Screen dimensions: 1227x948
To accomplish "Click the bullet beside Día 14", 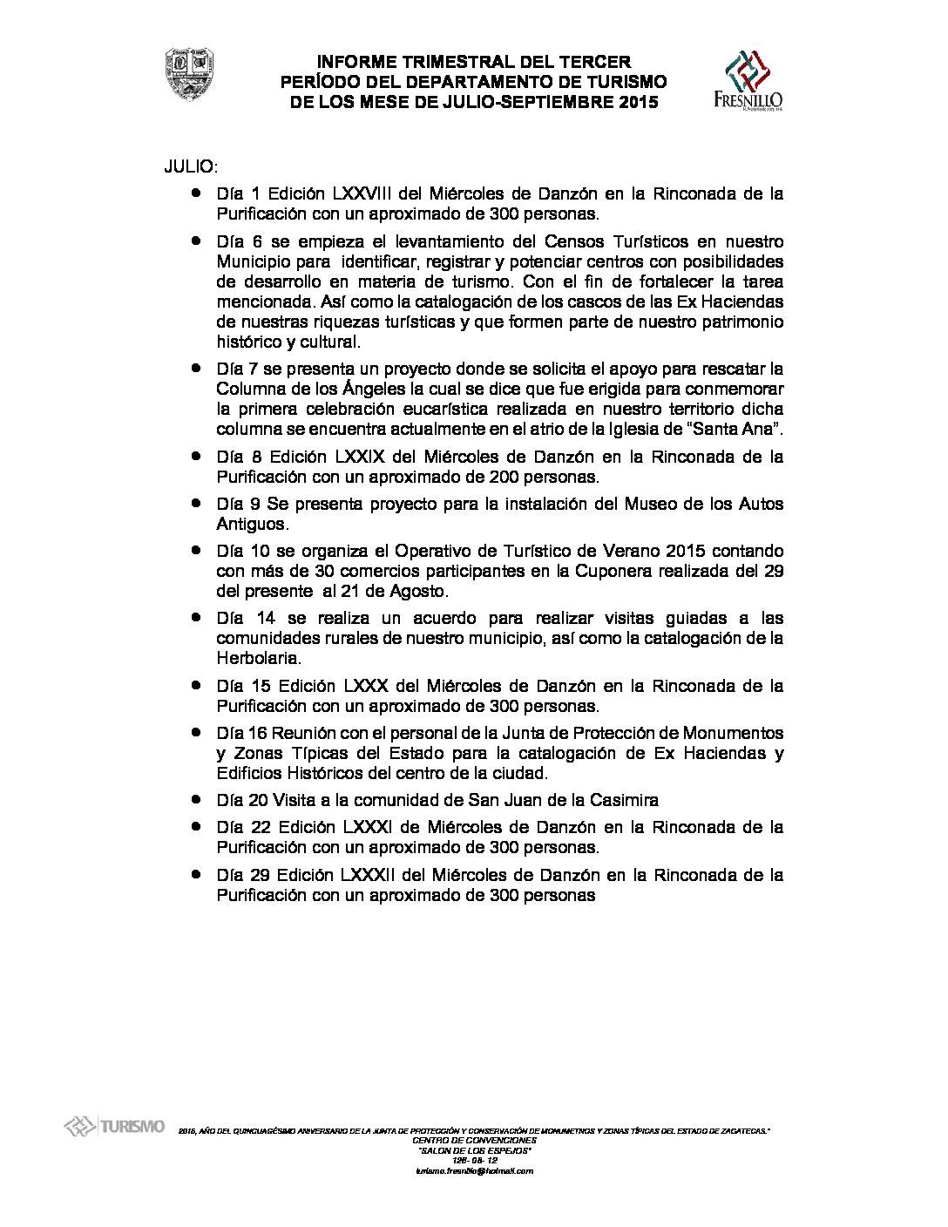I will pyautogui.click(x=199, y=618).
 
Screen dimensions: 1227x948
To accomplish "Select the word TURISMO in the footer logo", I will pyautogui.click(x=132, y=1128).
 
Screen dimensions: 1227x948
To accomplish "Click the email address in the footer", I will pyautogui.click(x=475, y=1171).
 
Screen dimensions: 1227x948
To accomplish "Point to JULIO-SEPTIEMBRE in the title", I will pyautogui.click(x=532, y=103).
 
